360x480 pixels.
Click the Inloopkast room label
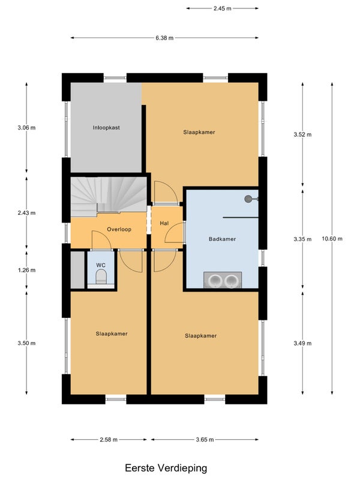[x=106, y=128]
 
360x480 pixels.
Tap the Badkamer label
[x=222, y=239]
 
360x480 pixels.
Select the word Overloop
[x=119, y=229]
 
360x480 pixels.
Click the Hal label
[x=164, y=223]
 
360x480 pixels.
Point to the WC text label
[x=101, y=265]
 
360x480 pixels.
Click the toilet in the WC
[x=101, y=277]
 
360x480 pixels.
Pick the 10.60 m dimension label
[x=332, y=239]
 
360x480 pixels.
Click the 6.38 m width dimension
[x=164, y=38]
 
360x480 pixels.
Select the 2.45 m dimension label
[x=223, y=8]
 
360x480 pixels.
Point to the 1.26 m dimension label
[x=26, y=270]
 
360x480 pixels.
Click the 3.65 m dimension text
[x=205, y=440]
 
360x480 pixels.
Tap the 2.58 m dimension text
[x=109, y=440]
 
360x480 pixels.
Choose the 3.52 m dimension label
[x=303, y=134]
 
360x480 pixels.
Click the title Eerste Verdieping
[x=166, y=468]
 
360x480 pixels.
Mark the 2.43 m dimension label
[x=26, y=213]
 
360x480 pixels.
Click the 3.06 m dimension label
[x=26, y=128]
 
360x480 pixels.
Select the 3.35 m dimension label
[x=303, y=239]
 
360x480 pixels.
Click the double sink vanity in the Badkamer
[x=223, y=280]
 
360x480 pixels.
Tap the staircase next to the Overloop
[x=109, y=196]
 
